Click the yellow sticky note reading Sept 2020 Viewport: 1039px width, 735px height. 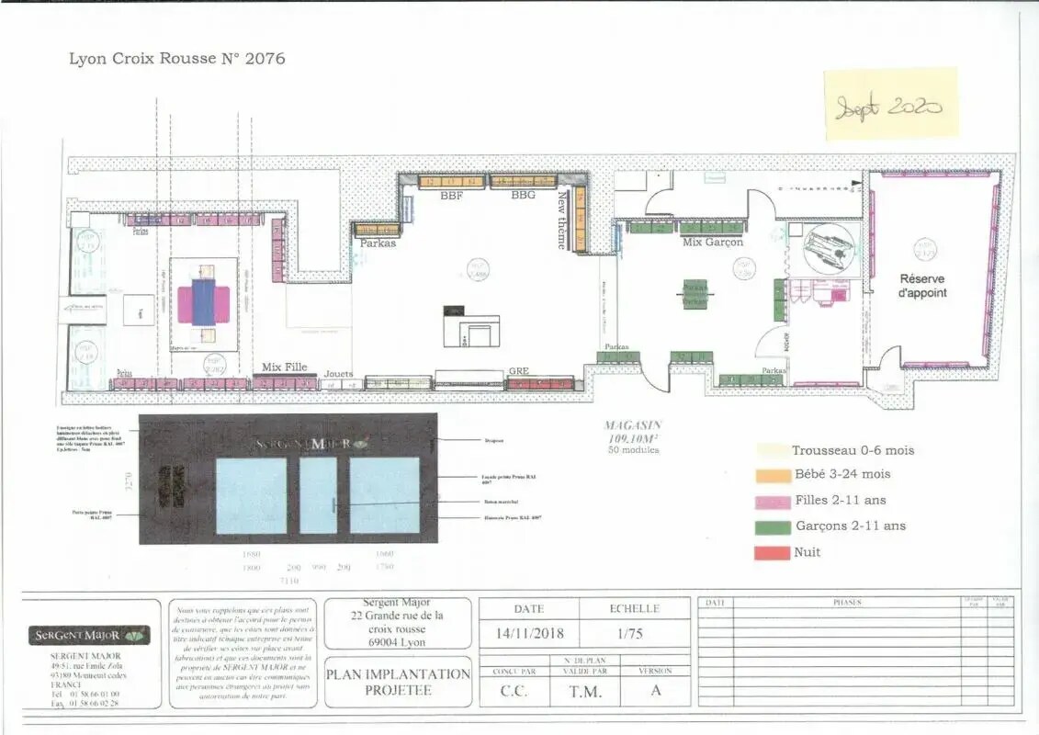[890, 105]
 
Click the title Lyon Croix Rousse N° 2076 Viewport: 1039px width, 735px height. [177, 59]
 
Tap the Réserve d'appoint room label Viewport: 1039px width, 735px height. [921, 286]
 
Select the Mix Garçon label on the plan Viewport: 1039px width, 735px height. [712, 243]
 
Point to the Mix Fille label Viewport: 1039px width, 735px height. [285, 367]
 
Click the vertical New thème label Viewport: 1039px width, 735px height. [562, 219]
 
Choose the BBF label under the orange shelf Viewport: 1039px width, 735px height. [451, 195]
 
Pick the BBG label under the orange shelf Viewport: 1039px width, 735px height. [523, 195]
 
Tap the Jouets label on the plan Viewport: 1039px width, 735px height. [338, 374]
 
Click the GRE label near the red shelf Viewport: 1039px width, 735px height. [519, 372]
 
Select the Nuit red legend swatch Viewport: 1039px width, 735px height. [773, 552]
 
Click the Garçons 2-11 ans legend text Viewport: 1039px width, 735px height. [849, 526]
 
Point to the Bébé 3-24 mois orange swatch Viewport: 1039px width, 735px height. [773, 475]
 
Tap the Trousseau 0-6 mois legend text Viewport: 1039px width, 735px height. [853, 450]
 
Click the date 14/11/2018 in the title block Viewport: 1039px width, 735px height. [530, 635]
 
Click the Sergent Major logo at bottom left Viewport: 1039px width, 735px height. [89, 636]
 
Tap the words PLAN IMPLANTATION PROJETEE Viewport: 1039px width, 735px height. [398, 681]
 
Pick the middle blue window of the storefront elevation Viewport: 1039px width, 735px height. [319, 495]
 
